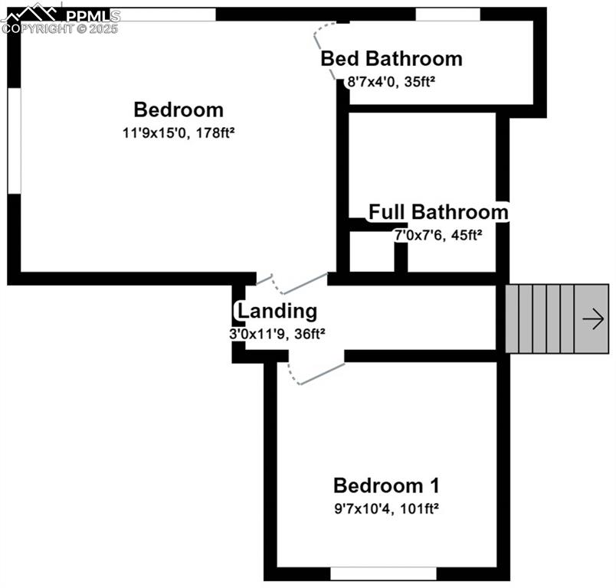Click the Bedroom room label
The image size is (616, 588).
[178, 109]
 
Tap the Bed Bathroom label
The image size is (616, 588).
[391, 58]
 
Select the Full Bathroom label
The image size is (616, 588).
[438, 212]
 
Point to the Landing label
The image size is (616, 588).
[277, 312]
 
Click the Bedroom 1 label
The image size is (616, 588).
[386, 485]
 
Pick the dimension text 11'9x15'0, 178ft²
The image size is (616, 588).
[178, 132]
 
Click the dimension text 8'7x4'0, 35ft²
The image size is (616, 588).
[392, 80]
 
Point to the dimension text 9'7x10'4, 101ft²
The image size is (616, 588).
[386, 507]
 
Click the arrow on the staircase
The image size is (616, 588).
[593, 319]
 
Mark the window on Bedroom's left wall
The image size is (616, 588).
[14, 141]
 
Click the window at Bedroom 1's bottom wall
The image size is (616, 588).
[383, 573]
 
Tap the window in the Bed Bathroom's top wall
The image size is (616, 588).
[447, 14]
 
